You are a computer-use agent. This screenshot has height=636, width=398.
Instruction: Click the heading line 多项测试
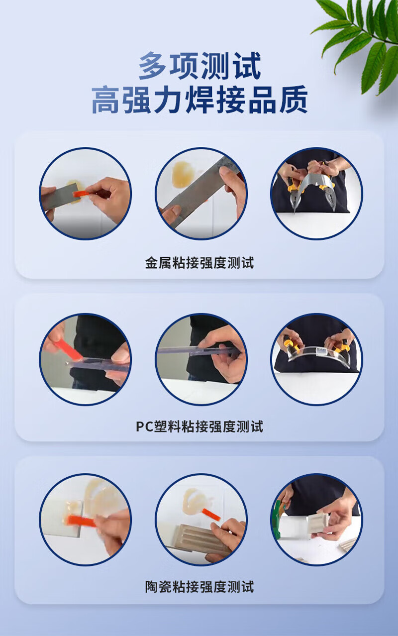pyautogui.click(x=199, y=66)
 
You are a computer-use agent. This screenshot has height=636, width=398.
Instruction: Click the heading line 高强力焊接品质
pyautogui.click(x=199, y=100)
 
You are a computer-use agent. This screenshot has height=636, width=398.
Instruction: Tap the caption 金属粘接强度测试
pyautogui.click(x=199, y=263)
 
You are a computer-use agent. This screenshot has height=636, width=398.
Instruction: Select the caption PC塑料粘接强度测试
pyautogui.click(x=199, y=426)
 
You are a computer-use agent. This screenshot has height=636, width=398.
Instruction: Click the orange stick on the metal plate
pyautogui.click(x=81, y=194)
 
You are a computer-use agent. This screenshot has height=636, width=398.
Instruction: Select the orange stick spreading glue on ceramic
pyautogui.click(x=81, y=520)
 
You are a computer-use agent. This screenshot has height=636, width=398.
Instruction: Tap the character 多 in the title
pyautogui.click(x=152, y=66)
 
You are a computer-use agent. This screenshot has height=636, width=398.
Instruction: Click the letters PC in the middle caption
pyautogui.click(x=144, y=426)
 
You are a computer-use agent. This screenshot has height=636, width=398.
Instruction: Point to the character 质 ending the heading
pyautogui.click(x=294, y=100)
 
